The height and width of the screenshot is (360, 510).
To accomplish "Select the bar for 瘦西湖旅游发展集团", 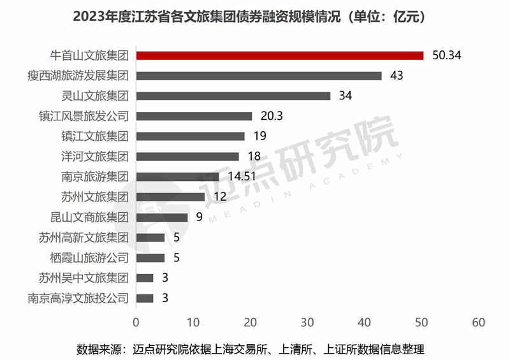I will click(x=258, y=76).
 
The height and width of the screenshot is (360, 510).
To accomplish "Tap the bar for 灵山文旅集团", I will click(x=233, y=96).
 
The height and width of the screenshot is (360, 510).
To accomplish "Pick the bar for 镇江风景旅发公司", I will click(x=194, y=116).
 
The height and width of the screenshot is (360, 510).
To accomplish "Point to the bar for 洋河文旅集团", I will click(x=187, y=156).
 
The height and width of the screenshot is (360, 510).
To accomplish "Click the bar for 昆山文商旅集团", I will click(x=161, y=217).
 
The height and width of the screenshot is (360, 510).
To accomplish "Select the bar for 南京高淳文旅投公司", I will click(x=144, y=298).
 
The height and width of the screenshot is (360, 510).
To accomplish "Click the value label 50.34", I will click(x=446, y=55).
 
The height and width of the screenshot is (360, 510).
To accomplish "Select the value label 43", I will click(x=396, y=76).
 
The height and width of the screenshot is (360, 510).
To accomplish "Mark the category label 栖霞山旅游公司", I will click(x=89, y=258).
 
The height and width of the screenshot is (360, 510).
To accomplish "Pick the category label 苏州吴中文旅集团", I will click(x=84, y=278).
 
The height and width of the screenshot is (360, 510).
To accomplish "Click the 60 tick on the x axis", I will click(x=479, y=322).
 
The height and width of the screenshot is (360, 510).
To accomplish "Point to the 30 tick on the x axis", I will click(x=307, y=322).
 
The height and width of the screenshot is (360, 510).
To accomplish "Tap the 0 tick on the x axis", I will click(x=136, y=322).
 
